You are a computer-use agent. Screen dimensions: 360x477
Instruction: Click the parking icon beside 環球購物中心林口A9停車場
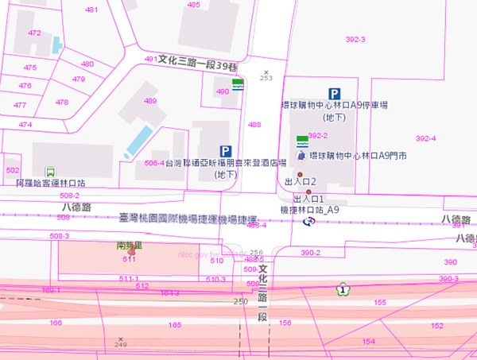point(335,93)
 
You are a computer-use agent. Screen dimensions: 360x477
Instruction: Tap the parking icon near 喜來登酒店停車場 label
point(226,151)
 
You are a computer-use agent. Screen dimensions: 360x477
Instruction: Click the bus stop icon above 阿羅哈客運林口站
point(51,170)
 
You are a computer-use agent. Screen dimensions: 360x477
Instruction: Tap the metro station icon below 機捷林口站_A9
point(309,222)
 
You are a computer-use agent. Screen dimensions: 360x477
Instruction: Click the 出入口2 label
point(301,183)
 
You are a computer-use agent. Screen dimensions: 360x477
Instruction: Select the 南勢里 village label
point(128,246)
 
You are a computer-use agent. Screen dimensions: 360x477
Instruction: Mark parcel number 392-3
point(355,39)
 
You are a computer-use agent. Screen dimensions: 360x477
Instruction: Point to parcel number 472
point(34,33)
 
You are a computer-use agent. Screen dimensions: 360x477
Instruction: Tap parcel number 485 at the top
point(194,5)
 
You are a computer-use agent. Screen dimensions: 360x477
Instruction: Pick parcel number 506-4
point(154,162)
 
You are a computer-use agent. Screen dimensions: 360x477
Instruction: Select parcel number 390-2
point(310,253)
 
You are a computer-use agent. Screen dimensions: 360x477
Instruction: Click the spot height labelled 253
point(266,78)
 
